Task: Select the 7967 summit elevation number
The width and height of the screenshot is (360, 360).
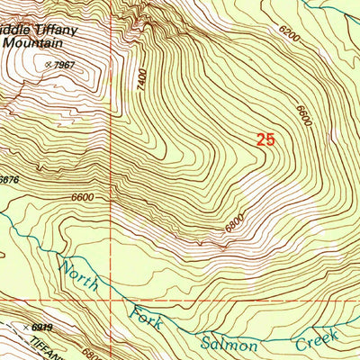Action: [64, 65]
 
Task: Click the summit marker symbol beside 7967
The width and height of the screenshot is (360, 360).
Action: [48, 64]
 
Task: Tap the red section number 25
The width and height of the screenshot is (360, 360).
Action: [264, 139]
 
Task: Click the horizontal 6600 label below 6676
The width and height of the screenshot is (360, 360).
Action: [81, 197]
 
